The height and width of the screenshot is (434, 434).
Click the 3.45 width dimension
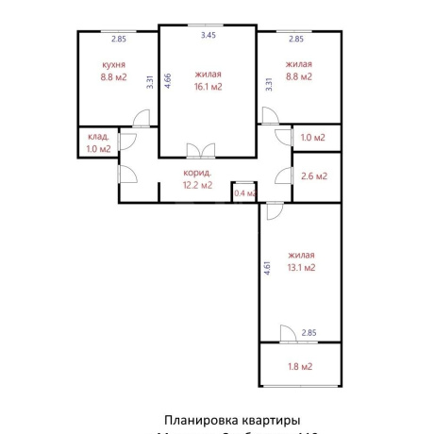pyautogui.click(x=208, y=35)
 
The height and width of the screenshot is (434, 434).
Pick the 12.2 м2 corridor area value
pyautogui.click(x=198, y=185)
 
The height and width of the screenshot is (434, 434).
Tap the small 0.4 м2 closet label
pyautogui.click(x=244, y=193)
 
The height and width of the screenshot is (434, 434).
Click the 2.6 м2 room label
pyautogui.click(x=314, y=175)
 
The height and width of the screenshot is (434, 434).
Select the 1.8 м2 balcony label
pyautogui.click(x=300, y=366)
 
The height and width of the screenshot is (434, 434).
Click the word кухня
pyautogui.click(x=114, y=65)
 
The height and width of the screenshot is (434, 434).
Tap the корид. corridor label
pyautogui.click(x=198, y=173)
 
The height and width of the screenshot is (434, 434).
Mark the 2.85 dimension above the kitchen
pyautogui.click(x=118, y=39)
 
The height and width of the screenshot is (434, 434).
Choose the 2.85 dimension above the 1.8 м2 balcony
pyautogui.click(x=309, y=333)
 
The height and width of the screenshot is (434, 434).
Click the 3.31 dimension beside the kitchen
pyautogui.click(x=150, y=81)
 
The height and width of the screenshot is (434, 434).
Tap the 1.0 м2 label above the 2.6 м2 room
pyautogui.click(x=313, y=138)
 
